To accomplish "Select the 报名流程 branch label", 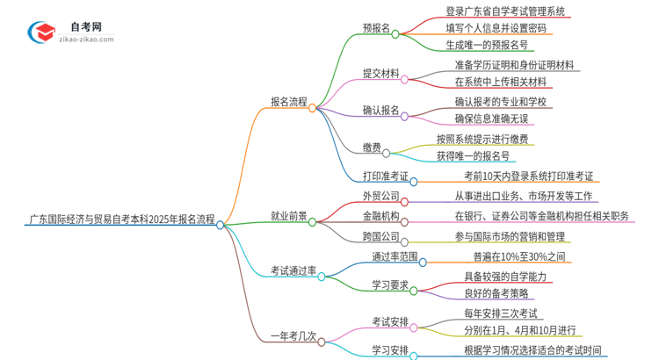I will tap(289, 102).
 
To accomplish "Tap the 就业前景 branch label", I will tap(289, 215).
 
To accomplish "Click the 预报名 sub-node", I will tap(376, 28).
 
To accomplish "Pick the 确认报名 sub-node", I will tap(380, 110).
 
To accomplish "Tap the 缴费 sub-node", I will tap(371, 147).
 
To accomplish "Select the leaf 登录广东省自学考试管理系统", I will tap(505, 11).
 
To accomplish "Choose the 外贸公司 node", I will tap(380, 196).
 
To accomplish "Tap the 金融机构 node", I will tap(380, 215).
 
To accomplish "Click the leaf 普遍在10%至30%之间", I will tap(518, 257).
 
